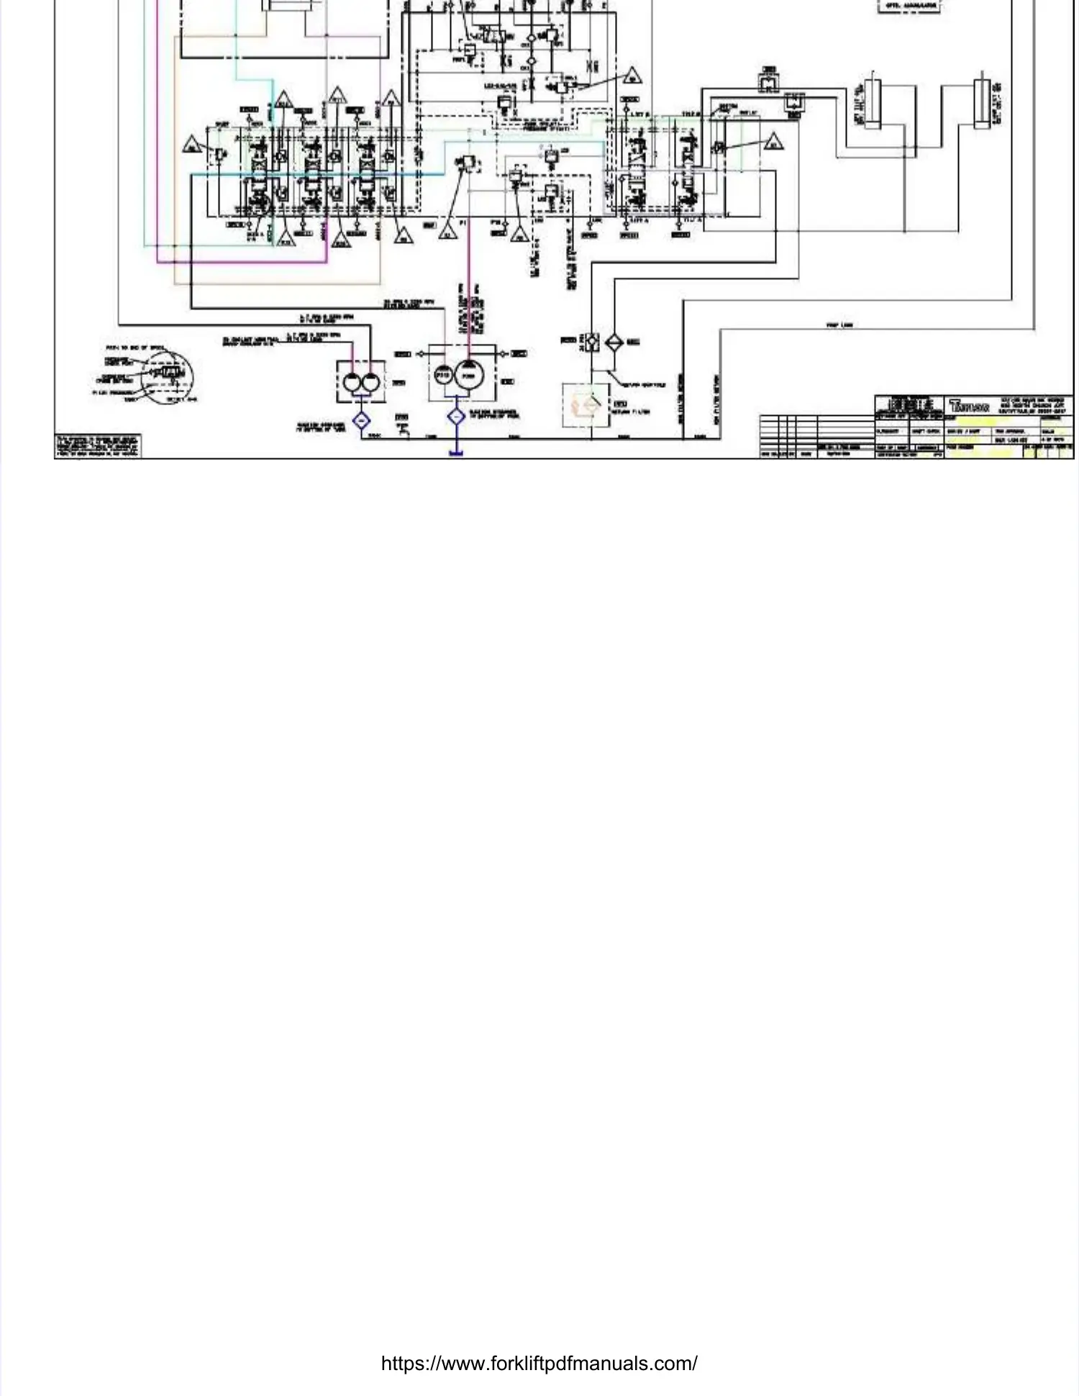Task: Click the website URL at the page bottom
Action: [x=539, y=1363]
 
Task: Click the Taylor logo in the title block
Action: [x=969, y=405]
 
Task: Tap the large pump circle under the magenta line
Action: [x=469, y=376]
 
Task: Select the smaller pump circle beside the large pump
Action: [x=443, y=376]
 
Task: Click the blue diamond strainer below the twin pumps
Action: [x=361, y=420]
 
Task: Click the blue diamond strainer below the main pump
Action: [x=456, y=417]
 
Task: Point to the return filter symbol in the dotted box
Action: [x=586, y=405]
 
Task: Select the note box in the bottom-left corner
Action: [x=99, y=445]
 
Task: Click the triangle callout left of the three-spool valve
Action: [x=191, y=144]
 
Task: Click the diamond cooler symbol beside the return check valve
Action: [x=614, y=343]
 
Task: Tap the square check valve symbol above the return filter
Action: [x=591, y=342]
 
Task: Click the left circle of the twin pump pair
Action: [x=352, y=382]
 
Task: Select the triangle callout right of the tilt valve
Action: [x=773, y=140]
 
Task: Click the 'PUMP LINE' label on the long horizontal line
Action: [x=839, y=325]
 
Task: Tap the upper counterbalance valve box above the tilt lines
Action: [x=768, y=82]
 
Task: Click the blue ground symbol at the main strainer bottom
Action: [x=456, y=453]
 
